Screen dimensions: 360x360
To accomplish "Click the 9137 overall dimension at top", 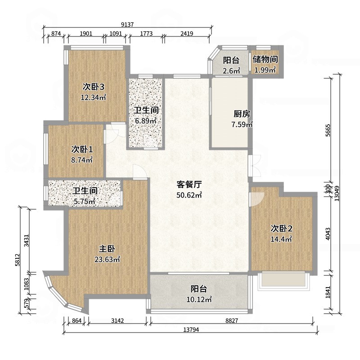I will click(128, 25).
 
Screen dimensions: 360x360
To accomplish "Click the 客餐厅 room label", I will click(189, 184).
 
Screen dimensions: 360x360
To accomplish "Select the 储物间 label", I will click(265, 59).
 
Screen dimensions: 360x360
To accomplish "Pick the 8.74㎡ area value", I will click(82, 160).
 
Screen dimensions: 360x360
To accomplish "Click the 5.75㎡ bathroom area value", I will click(85, 202).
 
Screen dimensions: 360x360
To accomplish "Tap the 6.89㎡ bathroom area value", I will click(146, 121).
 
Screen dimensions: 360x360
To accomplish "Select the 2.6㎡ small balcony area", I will click(231, 71).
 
